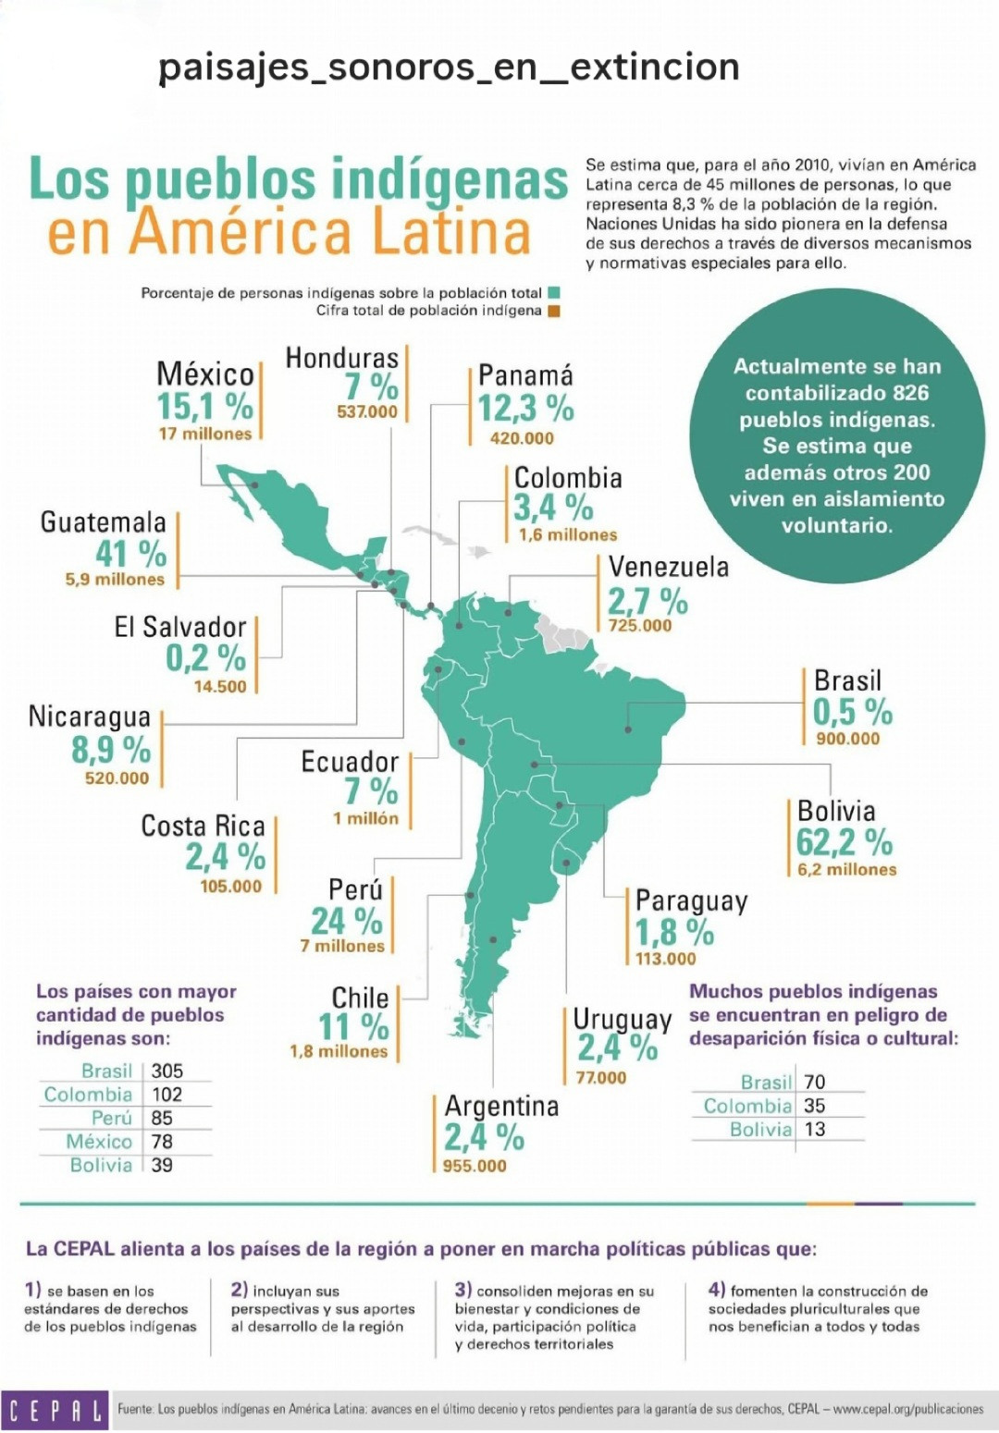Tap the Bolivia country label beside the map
(x=836, y=811)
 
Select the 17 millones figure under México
(x=205, y=434)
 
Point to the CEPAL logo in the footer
(x=55, y=1409)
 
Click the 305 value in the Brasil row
(x=167, y=1071)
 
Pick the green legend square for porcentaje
(x=554, y=294)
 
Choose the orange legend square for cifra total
(x=554, y=312)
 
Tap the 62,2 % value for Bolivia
(x=845, y=842)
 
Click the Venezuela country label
(x=668, y=567)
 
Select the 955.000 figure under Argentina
(x=475, y=1166)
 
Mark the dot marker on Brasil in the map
(x=628, y=729)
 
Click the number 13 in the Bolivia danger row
(x=815, y=1130)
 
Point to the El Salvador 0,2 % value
(x=206, y=657)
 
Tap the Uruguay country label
(x=622, y=1020)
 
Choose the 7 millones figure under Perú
(x=342, y=946)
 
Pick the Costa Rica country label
(x=203, y=826)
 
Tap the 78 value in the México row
(x=163, y=1141)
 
